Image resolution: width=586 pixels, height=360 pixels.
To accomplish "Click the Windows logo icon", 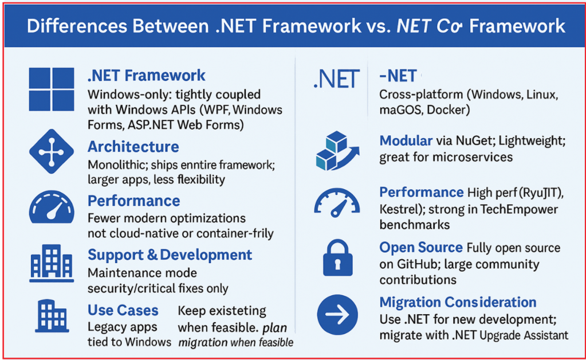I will coord(52,89).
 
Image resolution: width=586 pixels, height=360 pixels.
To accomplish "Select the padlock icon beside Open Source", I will coord(337,257).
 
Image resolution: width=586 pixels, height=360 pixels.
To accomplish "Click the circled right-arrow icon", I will coord(337,315).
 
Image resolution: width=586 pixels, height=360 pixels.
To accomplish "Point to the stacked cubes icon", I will coord(337,151).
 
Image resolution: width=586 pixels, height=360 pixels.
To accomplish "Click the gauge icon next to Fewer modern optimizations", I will coord(52,208).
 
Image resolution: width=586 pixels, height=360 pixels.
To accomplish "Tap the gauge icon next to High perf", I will coord(337,202).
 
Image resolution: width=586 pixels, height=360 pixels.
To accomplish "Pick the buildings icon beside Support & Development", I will coord(52,263).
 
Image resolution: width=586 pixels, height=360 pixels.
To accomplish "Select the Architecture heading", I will coord(133,147).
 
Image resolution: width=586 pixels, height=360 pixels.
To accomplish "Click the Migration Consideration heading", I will coord(458,302).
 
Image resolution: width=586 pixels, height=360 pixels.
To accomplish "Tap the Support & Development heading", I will coord(170,255).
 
